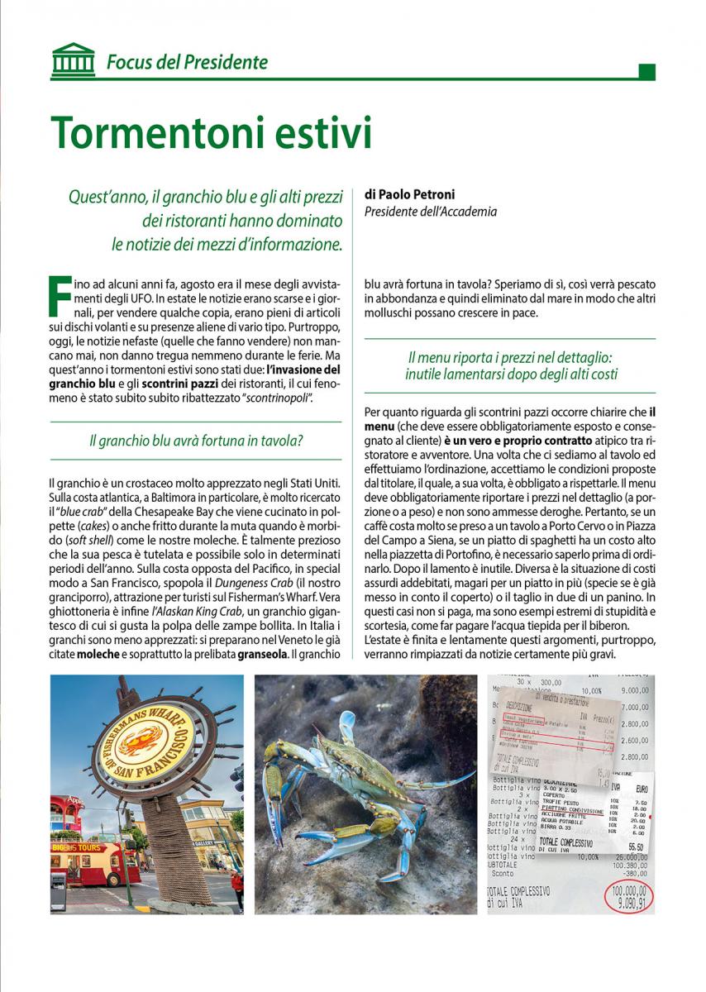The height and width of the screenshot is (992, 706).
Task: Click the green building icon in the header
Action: (73, 60)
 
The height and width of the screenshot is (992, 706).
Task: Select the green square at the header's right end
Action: (647, 71)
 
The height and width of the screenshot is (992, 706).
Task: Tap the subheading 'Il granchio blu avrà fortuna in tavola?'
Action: (195, 441)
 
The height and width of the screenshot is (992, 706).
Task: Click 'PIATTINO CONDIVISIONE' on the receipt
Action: (569, 809)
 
